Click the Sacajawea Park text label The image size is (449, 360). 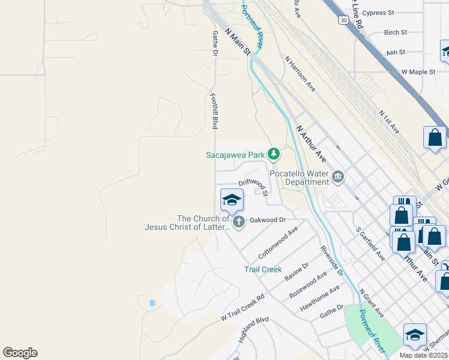[235, 155]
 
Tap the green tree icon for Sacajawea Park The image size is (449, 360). [274, 154]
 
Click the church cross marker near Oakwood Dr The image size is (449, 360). [239, 222]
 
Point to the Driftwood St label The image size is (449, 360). [253, 182]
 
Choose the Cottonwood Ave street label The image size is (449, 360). [278, 241]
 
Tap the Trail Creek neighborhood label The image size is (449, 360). [263, 269]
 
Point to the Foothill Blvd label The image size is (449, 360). [214, 110]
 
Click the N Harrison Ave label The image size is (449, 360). [300, 74]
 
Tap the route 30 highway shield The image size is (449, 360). [342, 20]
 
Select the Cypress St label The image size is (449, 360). [378, 13]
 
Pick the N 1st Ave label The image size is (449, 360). [389, 121]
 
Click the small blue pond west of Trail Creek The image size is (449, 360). [151, 303]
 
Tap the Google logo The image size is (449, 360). [20, 353]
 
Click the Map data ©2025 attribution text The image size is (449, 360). [423, 355]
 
